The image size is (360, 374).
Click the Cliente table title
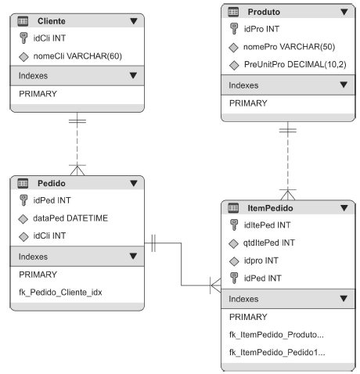(52, 21)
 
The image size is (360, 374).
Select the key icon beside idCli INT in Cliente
(23, 38)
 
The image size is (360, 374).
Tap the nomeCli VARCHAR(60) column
(77, 56)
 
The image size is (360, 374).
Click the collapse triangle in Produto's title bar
(344, 12)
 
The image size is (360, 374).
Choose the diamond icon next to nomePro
(233, 48)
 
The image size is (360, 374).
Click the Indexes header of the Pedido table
(33, 257)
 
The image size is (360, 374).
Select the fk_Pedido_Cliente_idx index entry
(60, 293)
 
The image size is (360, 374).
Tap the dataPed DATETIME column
(70, 218)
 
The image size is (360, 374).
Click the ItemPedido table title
(270, 208)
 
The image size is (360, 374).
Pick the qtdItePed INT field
(269, 243)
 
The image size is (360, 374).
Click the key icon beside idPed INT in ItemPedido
(234, 278)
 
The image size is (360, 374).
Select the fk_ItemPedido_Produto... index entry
(276, 335)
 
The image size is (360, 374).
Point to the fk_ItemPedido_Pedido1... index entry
(277, 352)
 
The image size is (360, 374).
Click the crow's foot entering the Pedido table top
(77, 170)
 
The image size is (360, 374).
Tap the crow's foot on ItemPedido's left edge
(215, 286)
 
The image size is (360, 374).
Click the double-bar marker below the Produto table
(288, 130)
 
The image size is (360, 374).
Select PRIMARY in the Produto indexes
(248, 103)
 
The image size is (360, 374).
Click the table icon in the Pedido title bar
(23, 183)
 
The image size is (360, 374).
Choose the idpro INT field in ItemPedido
(261, 261)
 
